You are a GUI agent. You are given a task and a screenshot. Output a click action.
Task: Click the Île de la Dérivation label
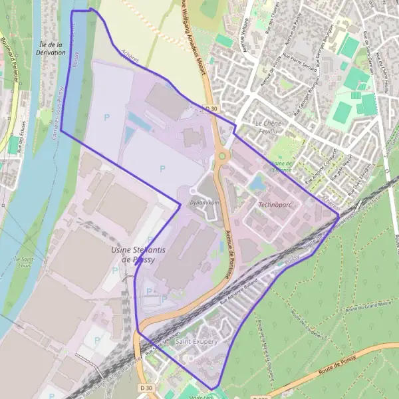coord(51,49)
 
